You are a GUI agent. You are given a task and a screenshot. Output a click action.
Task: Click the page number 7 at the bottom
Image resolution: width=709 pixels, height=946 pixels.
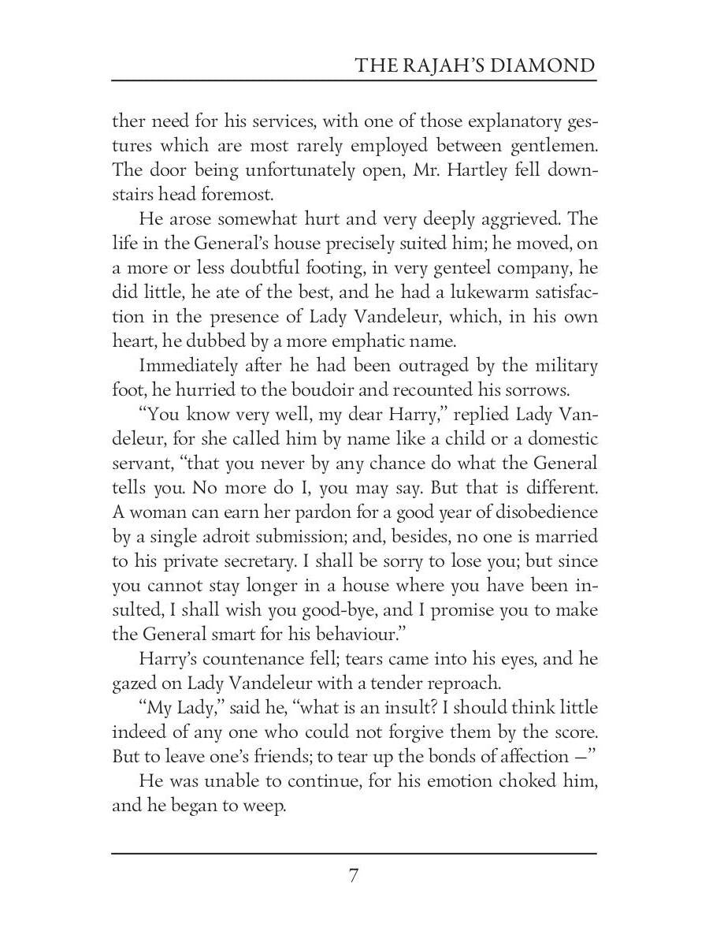pyautogui.click(x=354, y=876)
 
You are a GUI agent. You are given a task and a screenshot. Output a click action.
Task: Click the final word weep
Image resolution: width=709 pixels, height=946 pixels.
pyautogui.click(x=262, y=806)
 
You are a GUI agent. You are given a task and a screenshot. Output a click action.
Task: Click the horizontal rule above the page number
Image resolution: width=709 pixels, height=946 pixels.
pyautogui.click(x=354, y=853)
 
